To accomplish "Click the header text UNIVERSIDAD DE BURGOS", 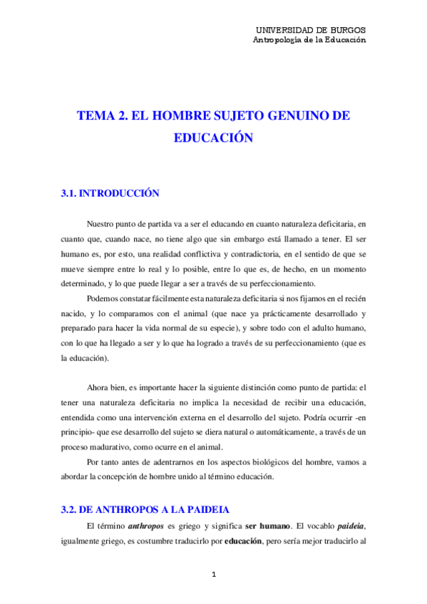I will pos(310,30).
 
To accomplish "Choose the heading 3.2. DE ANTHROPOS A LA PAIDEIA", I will pos(143,510).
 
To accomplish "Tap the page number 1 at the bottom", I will pos(213,574).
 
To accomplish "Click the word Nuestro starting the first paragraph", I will pos(101,223).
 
